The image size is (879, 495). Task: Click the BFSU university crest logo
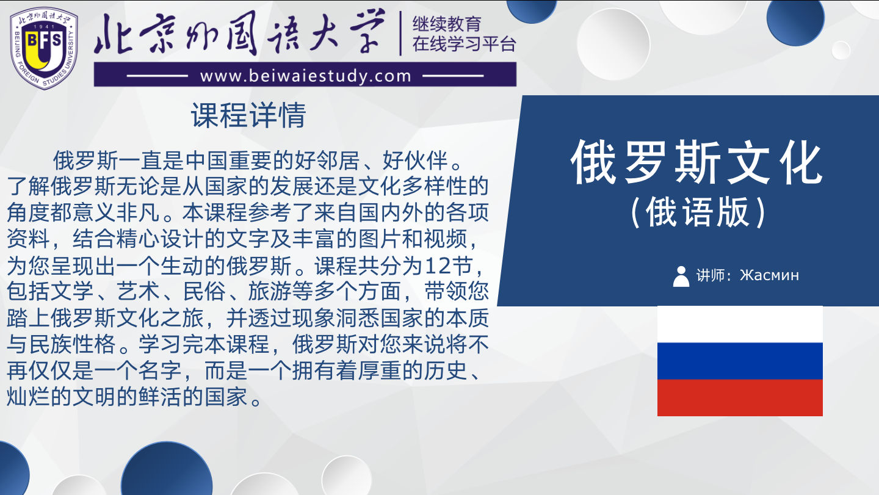point(44,48)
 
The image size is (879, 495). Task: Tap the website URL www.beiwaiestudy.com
point(306,76)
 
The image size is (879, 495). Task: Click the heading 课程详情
point(248,115)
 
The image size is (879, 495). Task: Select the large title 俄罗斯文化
point(696,162)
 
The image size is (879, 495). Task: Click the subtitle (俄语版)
point(697,212)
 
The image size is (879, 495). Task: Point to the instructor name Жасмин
point(769,275)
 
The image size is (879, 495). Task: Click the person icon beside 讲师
point(681,276)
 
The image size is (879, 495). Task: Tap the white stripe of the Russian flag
point(740,324)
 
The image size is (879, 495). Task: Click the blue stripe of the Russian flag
point(740,361)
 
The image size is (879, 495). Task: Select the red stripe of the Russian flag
point(740,397)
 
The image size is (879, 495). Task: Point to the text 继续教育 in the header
point(447,24)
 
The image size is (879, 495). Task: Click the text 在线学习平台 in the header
point(464,44)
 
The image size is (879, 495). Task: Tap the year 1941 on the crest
point(44,27)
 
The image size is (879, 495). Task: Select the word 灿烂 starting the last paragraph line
point(28,397)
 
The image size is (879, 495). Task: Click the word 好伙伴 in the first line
point(415,160)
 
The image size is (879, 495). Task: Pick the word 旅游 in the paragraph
point(270,291)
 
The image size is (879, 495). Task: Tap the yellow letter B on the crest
point(32,41)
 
